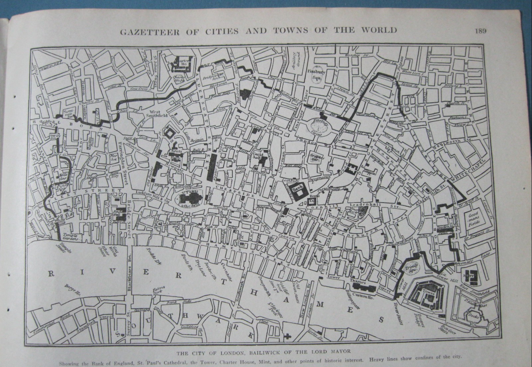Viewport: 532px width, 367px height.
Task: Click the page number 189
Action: [x=480, y=31]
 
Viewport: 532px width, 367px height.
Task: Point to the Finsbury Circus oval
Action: [x=322, y=127]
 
